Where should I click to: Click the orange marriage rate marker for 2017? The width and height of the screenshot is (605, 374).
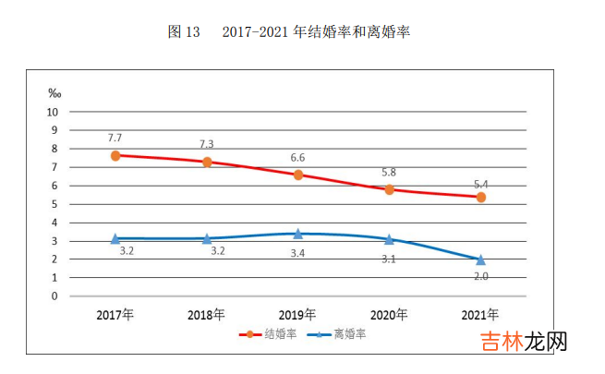click(x=115, y=155)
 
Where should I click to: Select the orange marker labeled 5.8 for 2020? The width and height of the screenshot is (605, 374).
click(x=390, y=189)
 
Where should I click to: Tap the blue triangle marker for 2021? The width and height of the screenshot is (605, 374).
click(x=480, y=259)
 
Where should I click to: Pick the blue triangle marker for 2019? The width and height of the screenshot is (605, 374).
click(x=298, y=234)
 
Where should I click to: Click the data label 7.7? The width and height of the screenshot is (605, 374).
click(x=115, y=137)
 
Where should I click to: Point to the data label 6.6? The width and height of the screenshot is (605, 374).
click(x=298, y=157)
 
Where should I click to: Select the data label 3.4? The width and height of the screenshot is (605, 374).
click(x=298, y=252)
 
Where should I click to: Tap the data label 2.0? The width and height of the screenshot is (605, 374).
click(x=480, y=276)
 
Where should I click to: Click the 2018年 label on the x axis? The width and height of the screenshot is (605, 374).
click(x=207, y=315)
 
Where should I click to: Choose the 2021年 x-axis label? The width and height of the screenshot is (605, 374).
click(x=480, y=315)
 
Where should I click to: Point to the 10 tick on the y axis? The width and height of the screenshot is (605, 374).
click(x=53, y=112)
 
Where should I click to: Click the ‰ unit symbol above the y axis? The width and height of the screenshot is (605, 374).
click(x=54, y=93)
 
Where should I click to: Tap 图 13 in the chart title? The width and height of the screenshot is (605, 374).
click(x=184, y=31)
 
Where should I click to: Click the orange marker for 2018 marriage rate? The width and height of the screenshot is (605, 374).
click(x=207, y=162)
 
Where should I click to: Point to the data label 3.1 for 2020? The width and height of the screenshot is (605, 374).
click(x=390, y=259)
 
